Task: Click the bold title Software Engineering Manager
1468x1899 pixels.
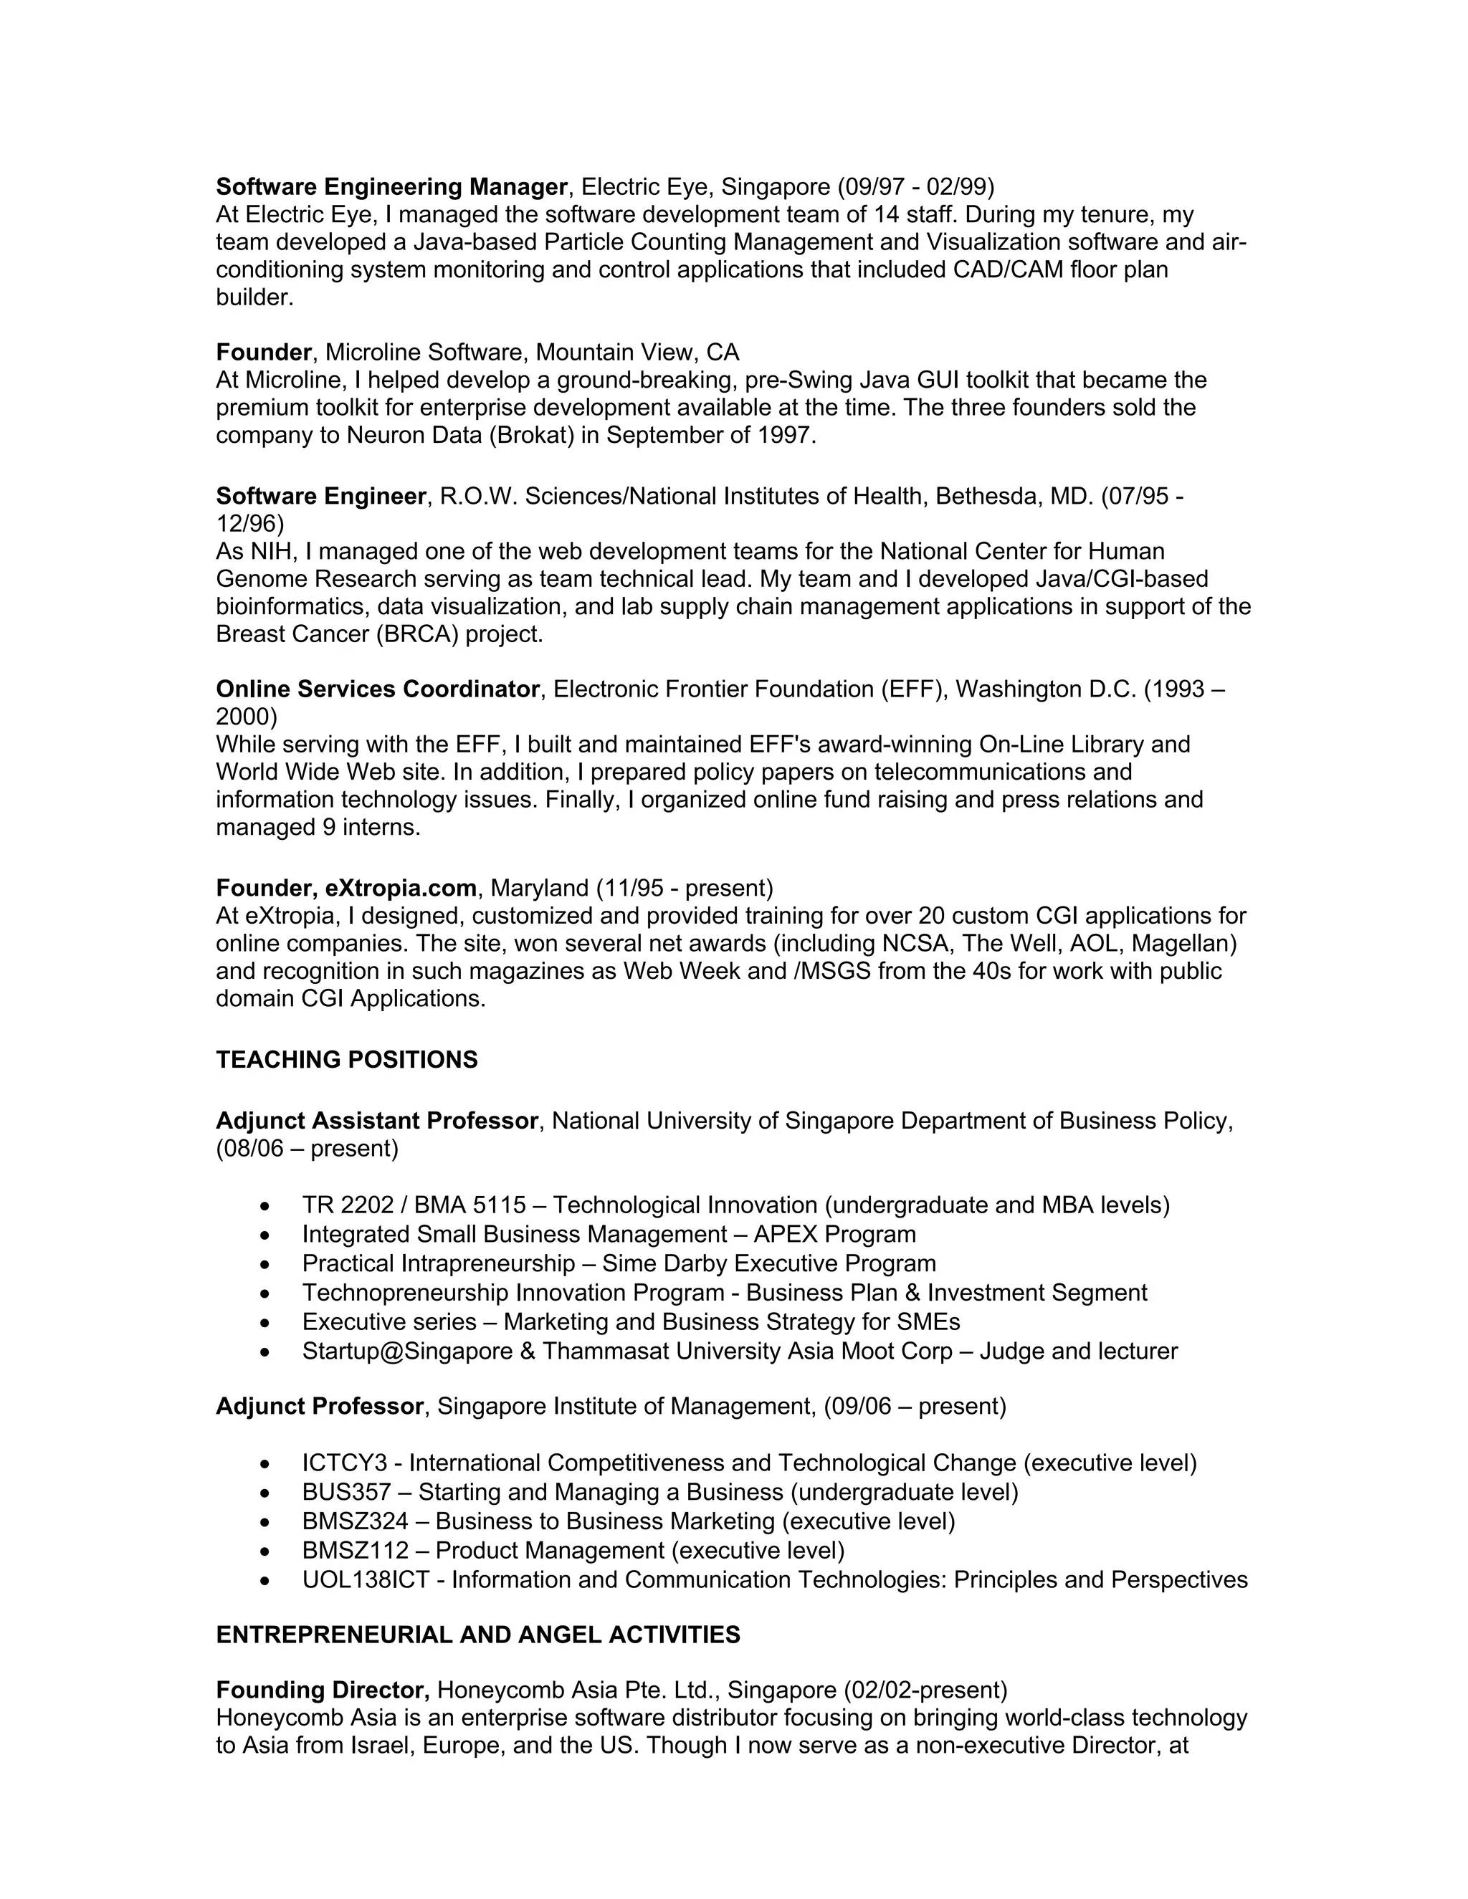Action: (391, 187)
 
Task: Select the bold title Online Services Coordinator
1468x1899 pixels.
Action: (378, 689)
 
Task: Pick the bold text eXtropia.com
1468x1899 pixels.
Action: (401, 888)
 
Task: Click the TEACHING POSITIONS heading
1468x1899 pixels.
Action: (346, 1060)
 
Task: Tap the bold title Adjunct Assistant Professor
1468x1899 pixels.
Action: (376, 1121)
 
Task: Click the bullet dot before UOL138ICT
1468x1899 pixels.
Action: (265, 1581)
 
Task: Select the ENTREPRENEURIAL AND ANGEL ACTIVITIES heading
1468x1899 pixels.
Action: (477, 1635)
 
